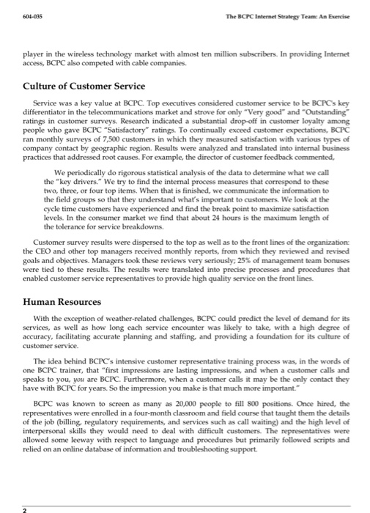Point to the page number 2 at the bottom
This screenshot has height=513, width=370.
tap(24, 506)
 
